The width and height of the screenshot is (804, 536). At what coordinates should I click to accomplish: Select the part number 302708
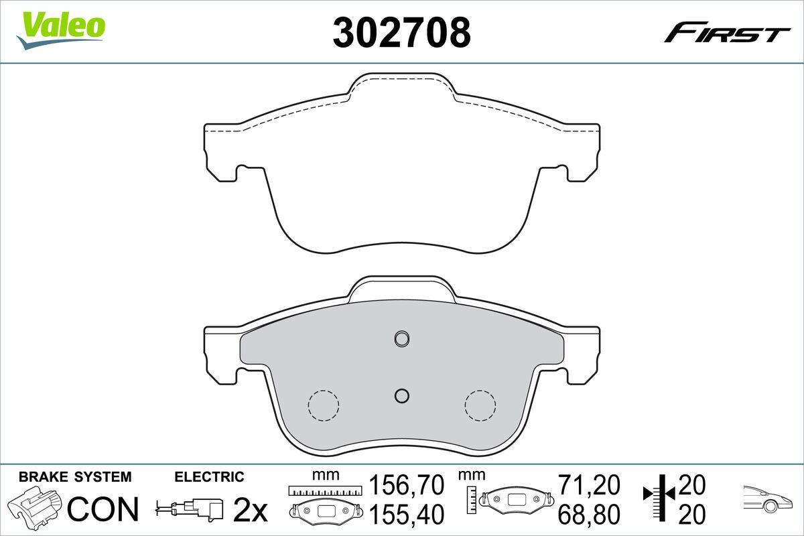(401, 32)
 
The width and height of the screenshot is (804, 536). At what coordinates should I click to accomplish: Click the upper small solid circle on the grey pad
(401, 338)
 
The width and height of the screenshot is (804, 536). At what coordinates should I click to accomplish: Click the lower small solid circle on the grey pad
(401, 396)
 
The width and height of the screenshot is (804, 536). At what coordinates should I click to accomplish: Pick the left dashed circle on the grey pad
(323, 405)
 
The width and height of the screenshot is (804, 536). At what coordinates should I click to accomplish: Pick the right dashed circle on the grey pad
(480, 405)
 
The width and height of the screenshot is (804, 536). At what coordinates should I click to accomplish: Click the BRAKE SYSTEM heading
(75, 477)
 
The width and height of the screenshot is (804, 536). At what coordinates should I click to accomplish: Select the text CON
(104, 509)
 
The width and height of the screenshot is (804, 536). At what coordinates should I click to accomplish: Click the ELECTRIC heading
(209, 477)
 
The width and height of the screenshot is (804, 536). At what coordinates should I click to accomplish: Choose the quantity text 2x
(249, 511)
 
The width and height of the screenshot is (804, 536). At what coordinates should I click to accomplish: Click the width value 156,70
(407, 484)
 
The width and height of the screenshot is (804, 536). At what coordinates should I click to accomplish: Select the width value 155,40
(407, 515)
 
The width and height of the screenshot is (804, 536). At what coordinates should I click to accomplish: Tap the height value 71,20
(589, 484)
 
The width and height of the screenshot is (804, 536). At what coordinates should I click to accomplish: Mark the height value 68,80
(589, 515)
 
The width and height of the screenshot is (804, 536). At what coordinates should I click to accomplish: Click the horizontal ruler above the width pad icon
(324, 491)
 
